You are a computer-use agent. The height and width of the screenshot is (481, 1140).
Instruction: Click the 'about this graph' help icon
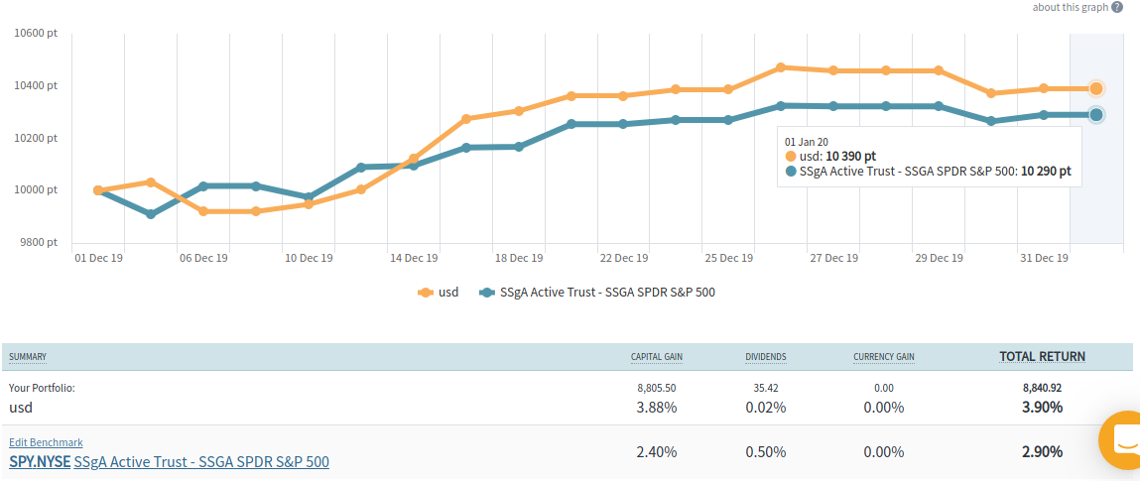pos(1117,7)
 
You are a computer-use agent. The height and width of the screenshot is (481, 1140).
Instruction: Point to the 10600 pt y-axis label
pos(36,33)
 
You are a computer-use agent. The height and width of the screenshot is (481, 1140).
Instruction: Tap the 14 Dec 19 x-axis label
pos(413,258)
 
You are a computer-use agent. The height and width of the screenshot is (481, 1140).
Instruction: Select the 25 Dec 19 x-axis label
pos(729,258)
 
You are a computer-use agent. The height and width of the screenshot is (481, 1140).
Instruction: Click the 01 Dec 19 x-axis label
pos(99,258)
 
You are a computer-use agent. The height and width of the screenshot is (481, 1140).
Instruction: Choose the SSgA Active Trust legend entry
pos(596,293)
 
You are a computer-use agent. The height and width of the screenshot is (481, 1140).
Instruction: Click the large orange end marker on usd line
pos(1096,88)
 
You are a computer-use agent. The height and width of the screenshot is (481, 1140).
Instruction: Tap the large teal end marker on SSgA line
pos(1096,115)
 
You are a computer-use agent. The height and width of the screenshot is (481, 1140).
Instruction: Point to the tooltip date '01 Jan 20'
pos(807,142)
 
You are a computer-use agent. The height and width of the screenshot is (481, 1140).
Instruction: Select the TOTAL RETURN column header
pos(1042,357)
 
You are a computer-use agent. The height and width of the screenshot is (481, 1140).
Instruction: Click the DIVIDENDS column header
pos(766,357)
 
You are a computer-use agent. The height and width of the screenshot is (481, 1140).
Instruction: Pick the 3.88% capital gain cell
pos(657,407)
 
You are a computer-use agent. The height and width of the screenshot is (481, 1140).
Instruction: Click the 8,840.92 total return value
pos(1043,388)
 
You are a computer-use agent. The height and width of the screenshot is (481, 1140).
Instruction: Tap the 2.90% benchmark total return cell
pos(1042,451)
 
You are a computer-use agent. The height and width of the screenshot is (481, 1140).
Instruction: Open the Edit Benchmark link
pos(46,442)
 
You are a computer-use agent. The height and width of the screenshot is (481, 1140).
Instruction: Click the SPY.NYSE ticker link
pos(40,462)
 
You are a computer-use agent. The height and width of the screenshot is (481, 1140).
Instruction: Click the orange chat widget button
pos(1124,439)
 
